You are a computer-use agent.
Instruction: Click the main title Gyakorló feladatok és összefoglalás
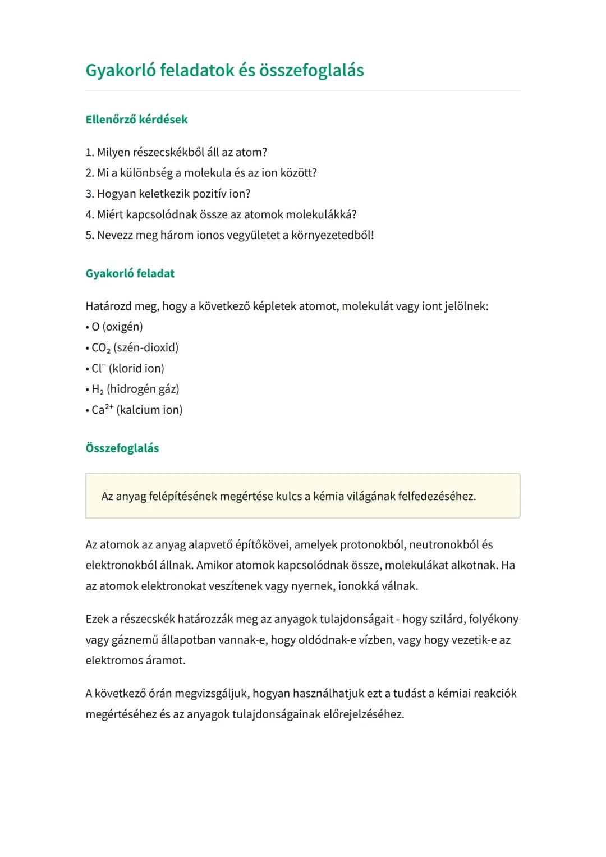coord(224,70)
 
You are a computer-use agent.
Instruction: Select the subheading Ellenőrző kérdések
coord(136,120)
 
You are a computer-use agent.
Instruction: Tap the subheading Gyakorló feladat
coord(130,273)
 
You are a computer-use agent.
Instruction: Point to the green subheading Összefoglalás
coord(122,448)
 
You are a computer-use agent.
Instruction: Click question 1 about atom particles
coord(176,152)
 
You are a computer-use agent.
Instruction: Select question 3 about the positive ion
coord(168,194)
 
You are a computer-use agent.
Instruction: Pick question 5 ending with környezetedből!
coord(229,235)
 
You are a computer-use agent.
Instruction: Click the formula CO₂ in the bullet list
coord(101,348)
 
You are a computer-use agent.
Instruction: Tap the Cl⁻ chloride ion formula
coord(98,368)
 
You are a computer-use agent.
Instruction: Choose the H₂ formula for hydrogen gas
coord(98,389)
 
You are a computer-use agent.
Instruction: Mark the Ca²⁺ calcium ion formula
coord(102,410)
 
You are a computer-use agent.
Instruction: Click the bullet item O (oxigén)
coord(117,327)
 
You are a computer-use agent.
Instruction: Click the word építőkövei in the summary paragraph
coord(262,544)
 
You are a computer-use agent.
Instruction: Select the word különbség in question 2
coord(146,173)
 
